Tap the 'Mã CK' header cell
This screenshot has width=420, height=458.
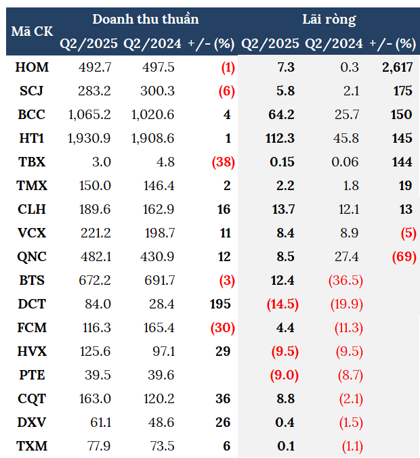tap(32, 31)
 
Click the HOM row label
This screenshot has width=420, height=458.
tap(32, 67)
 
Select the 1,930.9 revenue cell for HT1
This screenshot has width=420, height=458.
tap(89, 138)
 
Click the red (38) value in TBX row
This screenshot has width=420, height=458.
tap(222, 162)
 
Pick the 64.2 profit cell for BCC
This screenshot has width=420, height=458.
tap(281, 114)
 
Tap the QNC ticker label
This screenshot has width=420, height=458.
tap(32, 256)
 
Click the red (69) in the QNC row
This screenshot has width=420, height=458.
tap(401, 256)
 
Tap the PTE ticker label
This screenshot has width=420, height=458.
tap(32, 375)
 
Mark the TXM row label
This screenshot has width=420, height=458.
tap(32, 446)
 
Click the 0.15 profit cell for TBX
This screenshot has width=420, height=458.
tap(282, 162)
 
